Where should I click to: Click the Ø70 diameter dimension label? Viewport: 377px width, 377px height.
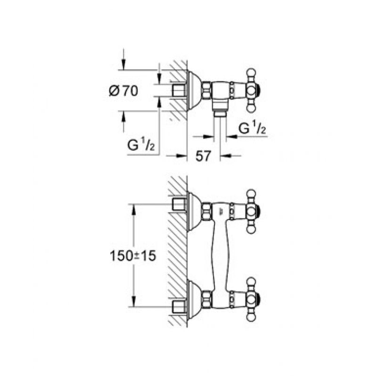click(x=123, y=91)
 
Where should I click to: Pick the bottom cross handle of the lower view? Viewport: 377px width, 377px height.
click(x=252, y=298)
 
